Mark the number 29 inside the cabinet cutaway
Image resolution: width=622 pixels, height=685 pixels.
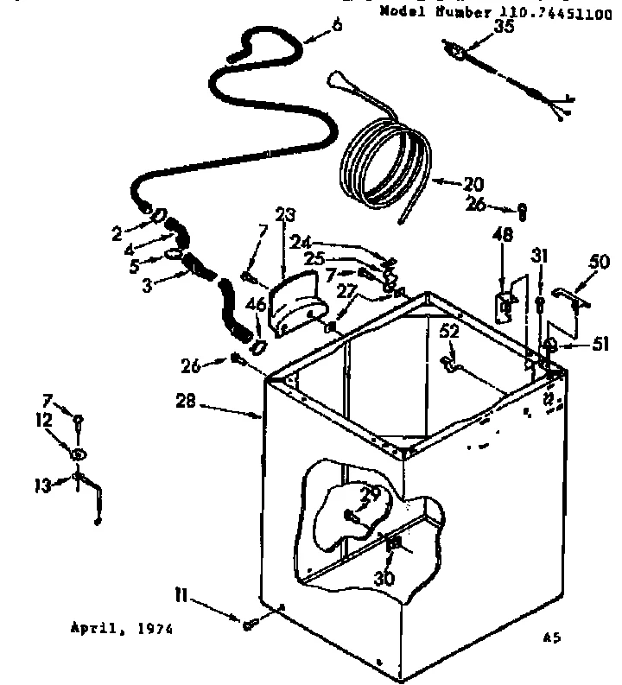pos(371,495)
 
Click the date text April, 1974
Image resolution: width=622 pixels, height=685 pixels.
pos(121,630)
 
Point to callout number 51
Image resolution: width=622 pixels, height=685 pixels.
pos(600,345)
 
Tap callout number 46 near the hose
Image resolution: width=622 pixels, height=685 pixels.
pos(256,304)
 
